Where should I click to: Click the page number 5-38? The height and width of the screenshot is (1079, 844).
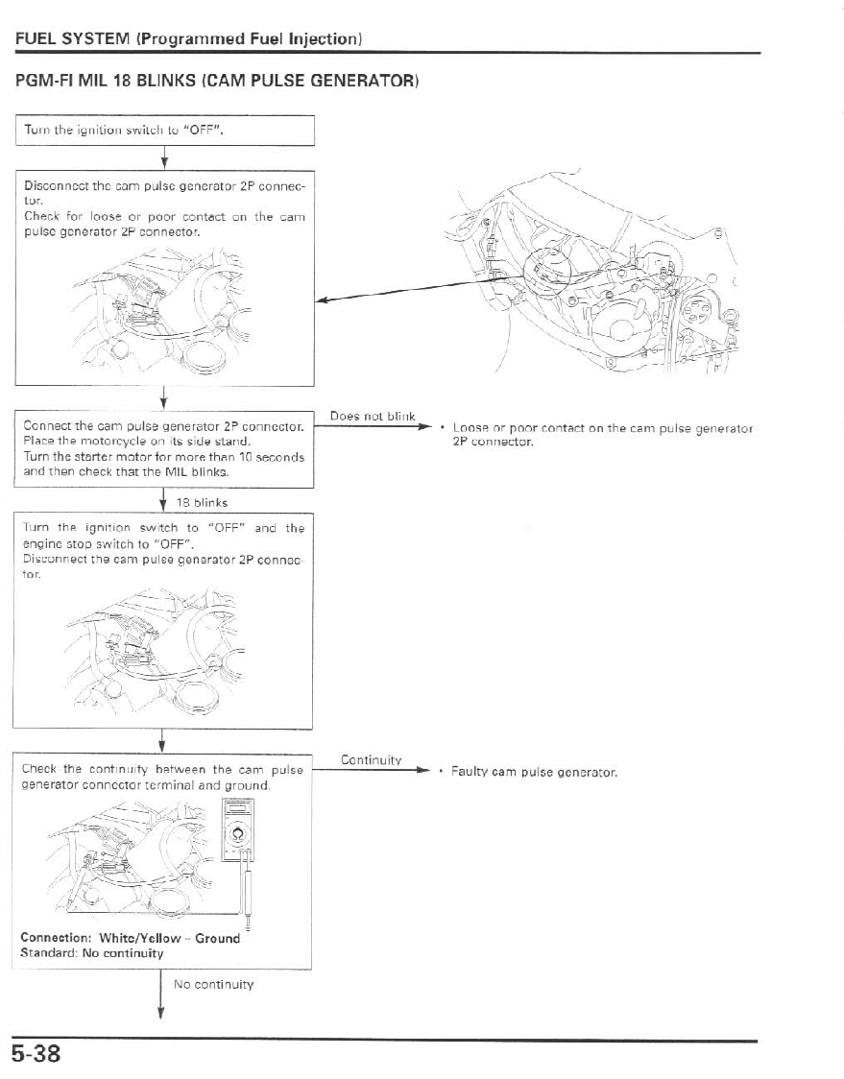(37, 1054)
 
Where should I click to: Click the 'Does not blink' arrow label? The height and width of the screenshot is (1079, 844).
(372, 417)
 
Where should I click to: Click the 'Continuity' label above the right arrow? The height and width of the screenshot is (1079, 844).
(371, 760)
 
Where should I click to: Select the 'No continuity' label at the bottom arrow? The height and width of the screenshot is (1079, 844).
(213, 984)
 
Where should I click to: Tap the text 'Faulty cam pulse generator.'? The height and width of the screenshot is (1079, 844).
(534, 772)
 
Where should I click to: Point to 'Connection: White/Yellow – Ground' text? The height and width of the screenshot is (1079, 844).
(130, 938)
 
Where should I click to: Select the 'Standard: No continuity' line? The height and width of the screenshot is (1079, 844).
(92, 953)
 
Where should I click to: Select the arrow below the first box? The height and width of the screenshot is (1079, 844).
(164, 157)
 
